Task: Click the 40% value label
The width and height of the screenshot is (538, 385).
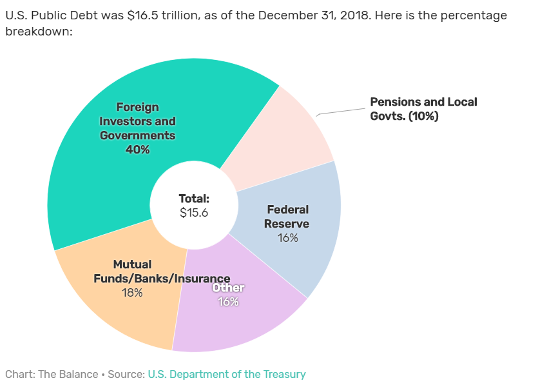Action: tap(137, 150)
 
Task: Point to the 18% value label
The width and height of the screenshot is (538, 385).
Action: tap(132, 293)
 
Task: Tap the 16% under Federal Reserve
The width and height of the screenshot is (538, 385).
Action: tap(287, 238)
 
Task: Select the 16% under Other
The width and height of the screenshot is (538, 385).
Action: tap(228, 301)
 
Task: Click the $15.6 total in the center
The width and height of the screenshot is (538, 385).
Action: tap(194, 213)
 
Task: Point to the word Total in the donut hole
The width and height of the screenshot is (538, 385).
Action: tap(194, 199)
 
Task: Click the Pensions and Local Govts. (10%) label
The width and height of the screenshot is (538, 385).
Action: tap(423, 109)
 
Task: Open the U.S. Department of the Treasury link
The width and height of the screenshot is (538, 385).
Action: tap(227, 374)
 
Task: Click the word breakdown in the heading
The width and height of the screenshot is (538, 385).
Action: tap(38, 30)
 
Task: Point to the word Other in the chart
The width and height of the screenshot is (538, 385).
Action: tap(228, 288)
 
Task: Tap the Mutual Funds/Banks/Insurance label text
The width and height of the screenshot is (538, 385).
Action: tap(162, 279)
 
